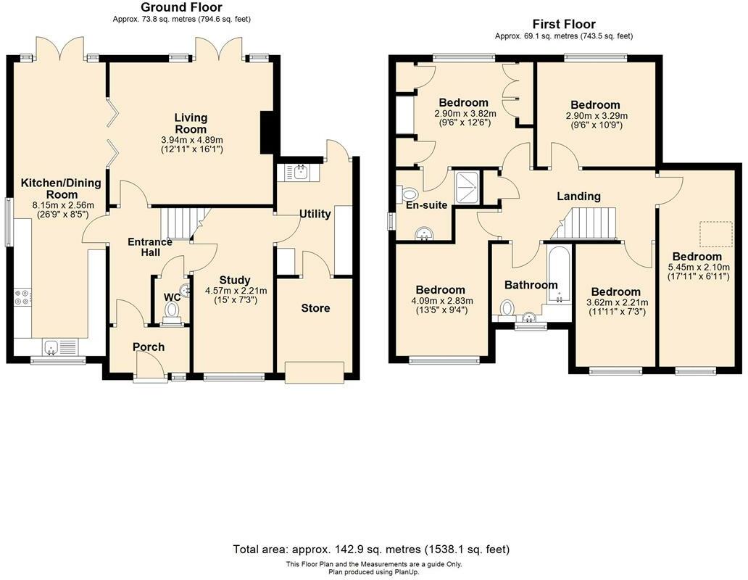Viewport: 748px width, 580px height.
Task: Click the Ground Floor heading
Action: [181, 7]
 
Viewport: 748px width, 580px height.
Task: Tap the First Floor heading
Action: [564, 24]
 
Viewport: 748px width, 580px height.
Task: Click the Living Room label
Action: [191, 123]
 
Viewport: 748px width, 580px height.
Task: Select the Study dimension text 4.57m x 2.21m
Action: [236, 291]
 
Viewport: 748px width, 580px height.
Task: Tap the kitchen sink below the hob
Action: [59, 347]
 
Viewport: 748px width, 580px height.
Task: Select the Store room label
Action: [315, 308]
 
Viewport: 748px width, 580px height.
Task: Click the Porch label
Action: [149, 347]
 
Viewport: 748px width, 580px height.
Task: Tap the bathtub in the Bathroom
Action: [559, 275]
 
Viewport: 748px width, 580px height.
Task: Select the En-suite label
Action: [426, 205]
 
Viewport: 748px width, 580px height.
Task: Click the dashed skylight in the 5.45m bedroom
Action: [716, 233]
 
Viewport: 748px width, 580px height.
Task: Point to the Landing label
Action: [578, 196]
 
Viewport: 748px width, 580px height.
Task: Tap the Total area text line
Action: [371, 550]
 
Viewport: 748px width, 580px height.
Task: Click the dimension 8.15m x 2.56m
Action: [63, 206]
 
